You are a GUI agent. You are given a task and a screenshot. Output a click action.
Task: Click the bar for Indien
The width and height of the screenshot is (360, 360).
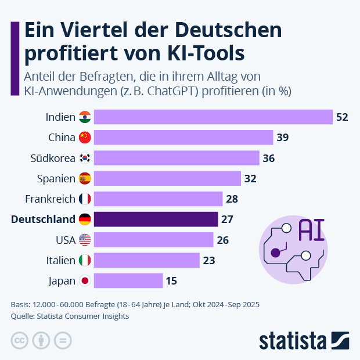[x=213, y=117]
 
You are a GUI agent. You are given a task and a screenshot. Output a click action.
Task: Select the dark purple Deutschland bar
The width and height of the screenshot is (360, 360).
[x=156, y=219]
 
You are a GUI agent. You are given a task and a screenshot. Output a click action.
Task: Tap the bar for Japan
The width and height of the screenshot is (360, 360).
[x=128, y=281]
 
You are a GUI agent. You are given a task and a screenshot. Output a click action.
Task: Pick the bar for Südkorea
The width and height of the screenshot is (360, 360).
[x=177, y=158]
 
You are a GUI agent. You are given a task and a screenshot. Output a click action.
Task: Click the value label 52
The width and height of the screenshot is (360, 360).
[x=341, y=117]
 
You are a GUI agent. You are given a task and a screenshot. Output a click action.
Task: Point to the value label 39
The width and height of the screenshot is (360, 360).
[x=283, y=138]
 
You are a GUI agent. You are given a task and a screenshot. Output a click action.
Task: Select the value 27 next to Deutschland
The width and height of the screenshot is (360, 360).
[x=228, y=219]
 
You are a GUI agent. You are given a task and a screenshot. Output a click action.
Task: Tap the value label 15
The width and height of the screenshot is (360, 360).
[x=171, y=281]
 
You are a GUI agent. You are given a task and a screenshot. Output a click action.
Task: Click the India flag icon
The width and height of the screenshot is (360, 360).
[x=85, y=117]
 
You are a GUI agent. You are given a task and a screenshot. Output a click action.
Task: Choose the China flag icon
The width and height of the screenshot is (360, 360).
[x=85, y=138]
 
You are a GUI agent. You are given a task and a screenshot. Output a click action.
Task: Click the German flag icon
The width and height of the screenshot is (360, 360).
[x=85, y=219]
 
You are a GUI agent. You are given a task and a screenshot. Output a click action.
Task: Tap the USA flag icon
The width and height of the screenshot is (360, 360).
[x=85, y=240]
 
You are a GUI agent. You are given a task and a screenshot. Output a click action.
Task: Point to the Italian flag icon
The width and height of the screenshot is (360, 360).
[x=85, y=261]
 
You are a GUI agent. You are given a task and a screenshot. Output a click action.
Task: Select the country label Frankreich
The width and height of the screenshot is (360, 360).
[x=50, y=199]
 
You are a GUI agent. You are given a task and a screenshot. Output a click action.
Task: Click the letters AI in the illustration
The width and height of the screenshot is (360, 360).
[x=311, y=231]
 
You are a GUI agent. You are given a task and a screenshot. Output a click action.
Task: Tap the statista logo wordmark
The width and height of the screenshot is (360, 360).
[x=293, y=340]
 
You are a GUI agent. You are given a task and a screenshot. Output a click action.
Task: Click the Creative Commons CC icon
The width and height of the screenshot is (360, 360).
[x=20, y=340]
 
